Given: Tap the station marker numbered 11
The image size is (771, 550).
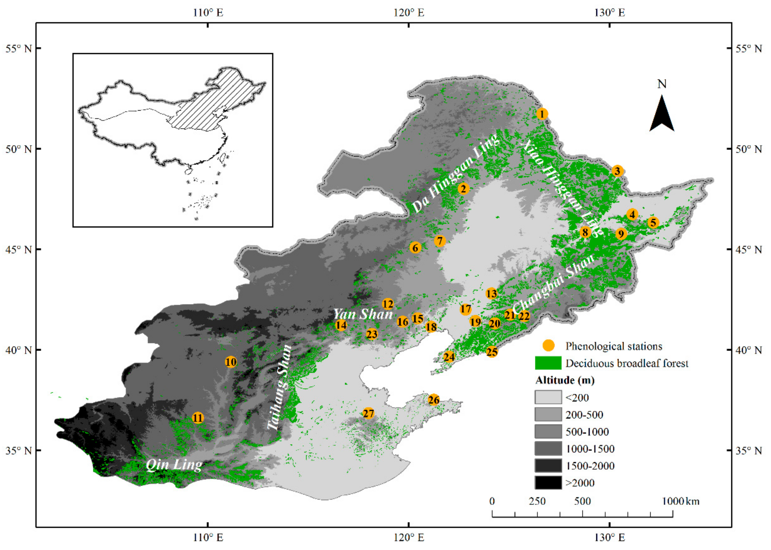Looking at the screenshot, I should pos(198,418).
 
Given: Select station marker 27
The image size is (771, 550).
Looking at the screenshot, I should pos(368,413).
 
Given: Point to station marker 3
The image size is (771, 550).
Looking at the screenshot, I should pos(617,171).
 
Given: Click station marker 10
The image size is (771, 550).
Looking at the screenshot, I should pos(230,362).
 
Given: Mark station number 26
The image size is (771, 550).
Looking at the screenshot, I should pos(434,400).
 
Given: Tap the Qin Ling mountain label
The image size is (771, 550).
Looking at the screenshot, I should pos(174,465).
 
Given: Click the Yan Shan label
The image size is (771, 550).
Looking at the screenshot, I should pos(362,314).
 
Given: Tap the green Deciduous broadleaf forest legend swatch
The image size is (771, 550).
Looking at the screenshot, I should pos(548,363).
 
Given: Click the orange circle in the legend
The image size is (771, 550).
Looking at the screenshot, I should pos(548,346).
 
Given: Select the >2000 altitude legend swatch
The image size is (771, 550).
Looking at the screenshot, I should pos(548,483).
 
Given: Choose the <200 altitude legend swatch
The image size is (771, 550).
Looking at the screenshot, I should pos(548,397).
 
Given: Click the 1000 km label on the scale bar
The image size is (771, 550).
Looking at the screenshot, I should pos(680,501).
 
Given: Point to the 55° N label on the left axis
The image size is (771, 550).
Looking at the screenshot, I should pos(18,49).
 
